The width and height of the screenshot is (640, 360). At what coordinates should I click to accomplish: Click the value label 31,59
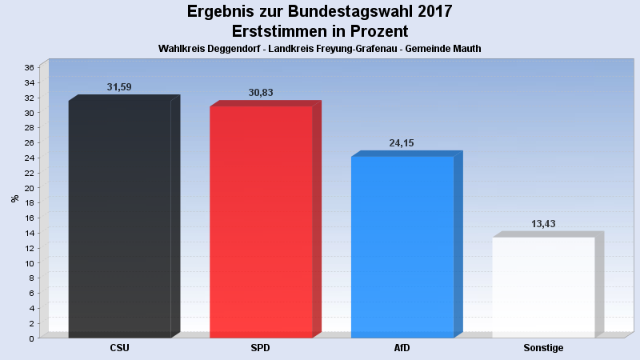(x=119, y=87)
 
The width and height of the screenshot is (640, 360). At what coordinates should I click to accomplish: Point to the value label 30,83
(x=261, y=93)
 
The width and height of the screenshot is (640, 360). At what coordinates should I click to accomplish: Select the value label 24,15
(x=402, y=143)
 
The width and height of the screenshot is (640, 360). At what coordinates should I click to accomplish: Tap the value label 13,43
(x=543, y=224)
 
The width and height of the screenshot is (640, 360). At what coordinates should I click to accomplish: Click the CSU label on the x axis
(x=119, y=348)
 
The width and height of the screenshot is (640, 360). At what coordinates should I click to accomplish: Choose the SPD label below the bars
(x=261, y=348)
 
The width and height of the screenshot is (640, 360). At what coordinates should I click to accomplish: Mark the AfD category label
(x=402, y=348)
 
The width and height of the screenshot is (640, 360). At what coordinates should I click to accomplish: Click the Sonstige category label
(x=543, y=348)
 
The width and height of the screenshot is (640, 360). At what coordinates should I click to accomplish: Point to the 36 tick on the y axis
(x=29, y=68)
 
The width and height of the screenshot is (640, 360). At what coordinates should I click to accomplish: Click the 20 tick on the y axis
(x=29, y=188)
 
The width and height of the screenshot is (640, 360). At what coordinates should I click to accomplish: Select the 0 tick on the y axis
(x=31, y=338)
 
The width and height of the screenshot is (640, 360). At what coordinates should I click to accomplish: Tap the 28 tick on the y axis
(x=29, y=128)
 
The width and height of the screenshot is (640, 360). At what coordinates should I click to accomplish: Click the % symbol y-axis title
(x=14, y=198)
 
